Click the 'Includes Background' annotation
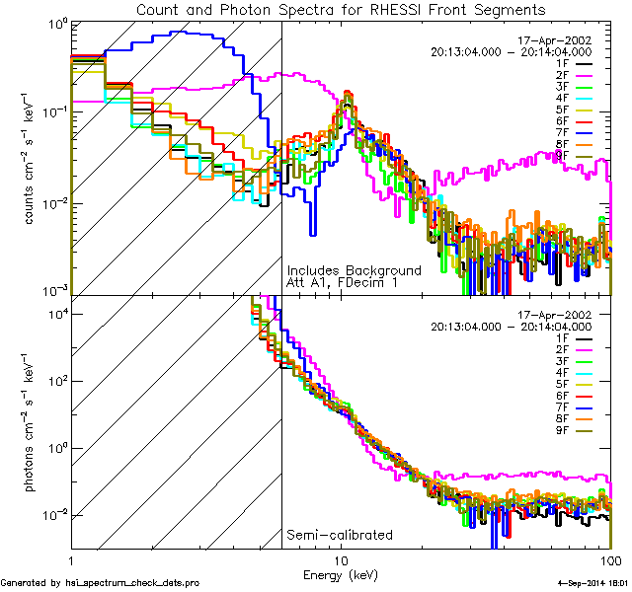[x=354, y=270]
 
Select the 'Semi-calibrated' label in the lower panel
[x=339, y=535]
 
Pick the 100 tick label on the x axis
[x=610, y=559]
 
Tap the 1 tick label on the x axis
[x=70, y=559]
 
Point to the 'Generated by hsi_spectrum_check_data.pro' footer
[x=100, y=583]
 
